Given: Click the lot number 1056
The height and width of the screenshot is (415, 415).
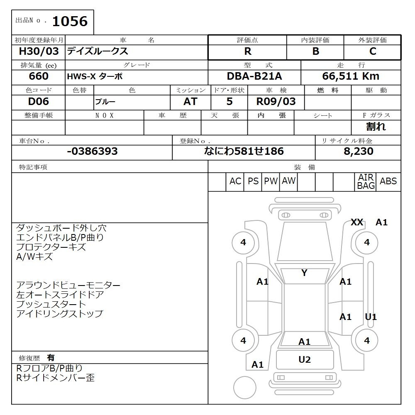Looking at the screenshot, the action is tap(70, 21).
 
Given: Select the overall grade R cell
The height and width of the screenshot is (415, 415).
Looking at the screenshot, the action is tap(247, 51).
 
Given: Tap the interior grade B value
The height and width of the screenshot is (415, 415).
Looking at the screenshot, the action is tap(315, 51).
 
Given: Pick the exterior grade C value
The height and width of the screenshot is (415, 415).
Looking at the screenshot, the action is tap(373, 51).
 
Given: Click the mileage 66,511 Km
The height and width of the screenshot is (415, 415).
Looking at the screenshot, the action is tap(351, 76).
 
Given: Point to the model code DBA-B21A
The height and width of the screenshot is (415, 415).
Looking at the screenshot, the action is tap(254, 76).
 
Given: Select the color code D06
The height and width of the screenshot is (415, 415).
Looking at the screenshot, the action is tap(38, 101).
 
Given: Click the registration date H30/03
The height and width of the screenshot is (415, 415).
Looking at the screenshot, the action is tap(39, 51).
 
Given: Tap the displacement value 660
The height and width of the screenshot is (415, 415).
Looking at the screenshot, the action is tap(39, 76).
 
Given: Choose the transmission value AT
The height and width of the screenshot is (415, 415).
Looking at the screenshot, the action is tap(190, 101).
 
